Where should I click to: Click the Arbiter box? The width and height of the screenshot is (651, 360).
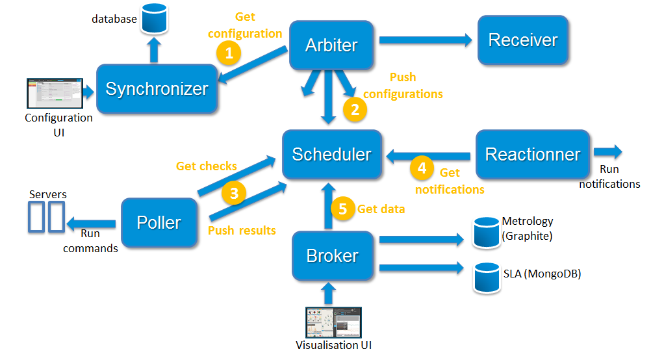coord(331,45)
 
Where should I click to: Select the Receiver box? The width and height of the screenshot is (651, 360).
coord(523,40)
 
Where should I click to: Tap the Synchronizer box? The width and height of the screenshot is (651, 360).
coord(157,89)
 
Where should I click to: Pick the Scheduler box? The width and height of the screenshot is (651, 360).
coord(331,155)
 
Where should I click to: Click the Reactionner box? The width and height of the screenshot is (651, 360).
coord(533,155)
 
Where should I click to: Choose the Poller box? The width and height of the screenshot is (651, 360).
coord(159,223)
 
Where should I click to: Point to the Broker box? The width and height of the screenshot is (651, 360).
coord(332,255)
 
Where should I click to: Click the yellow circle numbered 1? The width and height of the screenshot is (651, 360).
coord(229,52)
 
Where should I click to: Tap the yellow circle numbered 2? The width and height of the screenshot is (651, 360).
coord(355,110)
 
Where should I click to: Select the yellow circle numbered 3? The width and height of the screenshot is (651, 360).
coord(234,193)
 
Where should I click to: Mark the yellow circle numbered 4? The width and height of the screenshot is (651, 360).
coord(422,168)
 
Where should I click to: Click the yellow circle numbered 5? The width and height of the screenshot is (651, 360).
coord(343,209)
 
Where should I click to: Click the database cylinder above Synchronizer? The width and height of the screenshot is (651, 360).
coord(153,18)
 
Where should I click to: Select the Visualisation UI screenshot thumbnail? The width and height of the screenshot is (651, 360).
coord(333,322)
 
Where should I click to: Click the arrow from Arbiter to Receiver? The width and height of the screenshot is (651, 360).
coord(426,40)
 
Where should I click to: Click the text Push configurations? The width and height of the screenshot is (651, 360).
coord(403,86)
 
